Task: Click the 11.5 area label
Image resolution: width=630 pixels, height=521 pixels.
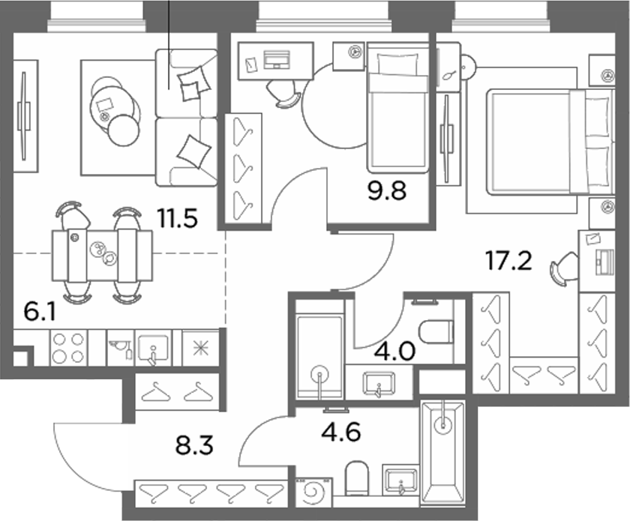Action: (x=177, y=219)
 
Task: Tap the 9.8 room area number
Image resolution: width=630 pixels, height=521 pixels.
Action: (x=387, y=190)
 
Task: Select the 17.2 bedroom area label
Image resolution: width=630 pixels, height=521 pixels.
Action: (x=508, y=260)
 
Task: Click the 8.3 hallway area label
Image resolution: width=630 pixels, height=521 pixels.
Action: (x=194, y=445)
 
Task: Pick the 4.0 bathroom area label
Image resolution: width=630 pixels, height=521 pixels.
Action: (x=394, y=351)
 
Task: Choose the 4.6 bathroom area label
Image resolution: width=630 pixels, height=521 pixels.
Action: (x=341, y=433)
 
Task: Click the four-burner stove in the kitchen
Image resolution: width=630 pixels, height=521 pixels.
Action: (x=68, y=348)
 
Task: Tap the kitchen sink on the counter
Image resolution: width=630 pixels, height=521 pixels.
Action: (x=154, y=348)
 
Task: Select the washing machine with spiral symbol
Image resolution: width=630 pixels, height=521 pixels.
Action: (x=314, y=491)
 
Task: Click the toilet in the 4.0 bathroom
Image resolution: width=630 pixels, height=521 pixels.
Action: (x=436, y=332)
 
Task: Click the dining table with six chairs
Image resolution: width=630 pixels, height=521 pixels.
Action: (x=102, y=255)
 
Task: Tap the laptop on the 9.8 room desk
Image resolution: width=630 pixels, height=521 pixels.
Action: (x=277, y=60)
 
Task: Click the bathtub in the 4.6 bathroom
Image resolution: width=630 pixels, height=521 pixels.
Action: (x=442, y=452)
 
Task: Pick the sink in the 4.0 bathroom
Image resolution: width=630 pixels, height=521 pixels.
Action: (x=379, y=382)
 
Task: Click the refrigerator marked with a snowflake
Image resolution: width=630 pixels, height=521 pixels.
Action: (x=200, y=348)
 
